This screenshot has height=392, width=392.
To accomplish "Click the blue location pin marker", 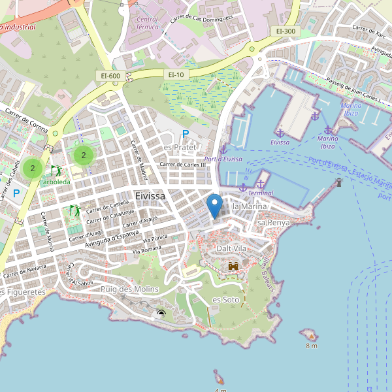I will (214, 206).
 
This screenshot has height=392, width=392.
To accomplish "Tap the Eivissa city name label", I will (150, 195).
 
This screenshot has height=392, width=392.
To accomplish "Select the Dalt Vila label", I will (232, 249).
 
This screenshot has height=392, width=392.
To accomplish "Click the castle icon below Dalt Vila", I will (233, 266).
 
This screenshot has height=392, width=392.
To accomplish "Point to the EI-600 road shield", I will (110, 76).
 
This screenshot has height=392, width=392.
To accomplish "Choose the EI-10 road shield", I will (177, 75).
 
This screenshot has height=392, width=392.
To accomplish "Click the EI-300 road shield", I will (286, 31).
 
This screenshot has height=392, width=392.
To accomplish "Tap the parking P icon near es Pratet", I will (185, 134).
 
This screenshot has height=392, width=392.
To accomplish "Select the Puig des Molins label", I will (129, 289).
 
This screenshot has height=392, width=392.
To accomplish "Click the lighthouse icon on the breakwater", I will (338, 182).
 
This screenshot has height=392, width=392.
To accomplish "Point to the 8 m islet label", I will (311, 346).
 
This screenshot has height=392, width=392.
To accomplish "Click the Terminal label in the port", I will (261, 193).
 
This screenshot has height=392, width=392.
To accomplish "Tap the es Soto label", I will (226, 299).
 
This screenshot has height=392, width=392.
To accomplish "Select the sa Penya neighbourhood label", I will (274, 223).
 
